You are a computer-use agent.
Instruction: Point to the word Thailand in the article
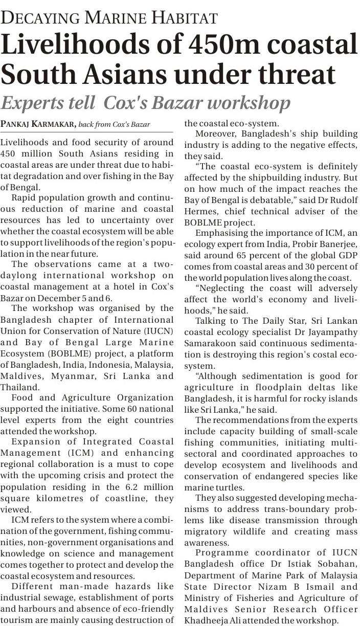click(20, 387)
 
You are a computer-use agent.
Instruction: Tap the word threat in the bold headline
click(301, 75)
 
